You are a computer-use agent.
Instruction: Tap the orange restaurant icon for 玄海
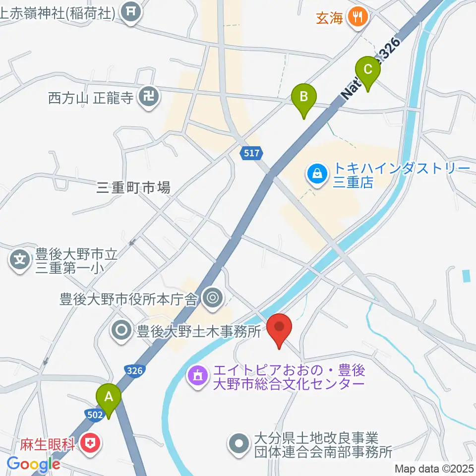[357, 18]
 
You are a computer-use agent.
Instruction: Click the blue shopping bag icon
[316, 174]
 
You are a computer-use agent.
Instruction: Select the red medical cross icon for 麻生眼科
[91, 442]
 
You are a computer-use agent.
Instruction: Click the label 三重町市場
[134, 187]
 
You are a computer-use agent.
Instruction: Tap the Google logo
[34, 464]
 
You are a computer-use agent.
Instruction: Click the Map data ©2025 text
[434, 468]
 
